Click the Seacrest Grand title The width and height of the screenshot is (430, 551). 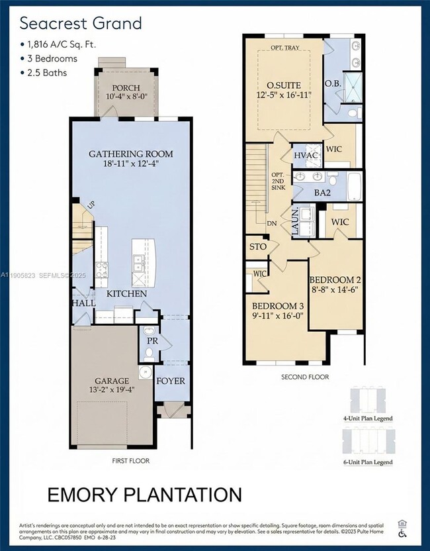pos(80,24)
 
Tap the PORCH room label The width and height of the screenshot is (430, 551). pos(125,88)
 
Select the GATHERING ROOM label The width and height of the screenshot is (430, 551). pos(131,154)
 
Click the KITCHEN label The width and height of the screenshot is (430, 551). pos(128,293)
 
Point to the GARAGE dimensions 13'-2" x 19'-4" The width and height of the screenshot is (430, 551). pos(112,391)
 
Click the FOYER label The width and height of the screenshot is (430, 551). pos(170,381)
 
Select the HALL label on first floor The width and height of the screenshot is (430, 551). pos(83,303)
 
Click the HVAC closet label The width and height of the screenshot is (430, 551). pos(306,154)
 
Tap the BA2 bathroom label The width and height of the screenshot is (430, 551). pos(322,193)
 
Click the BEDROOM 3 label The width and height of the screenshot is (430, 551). pos(277,306)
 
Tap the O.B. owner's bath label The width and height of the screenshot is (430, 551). pos(333,84)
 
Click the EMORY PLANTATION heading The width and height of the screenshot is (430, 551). pos(144,494)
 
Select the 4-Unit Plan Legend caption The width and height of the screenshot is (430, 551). pos(368,419)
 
